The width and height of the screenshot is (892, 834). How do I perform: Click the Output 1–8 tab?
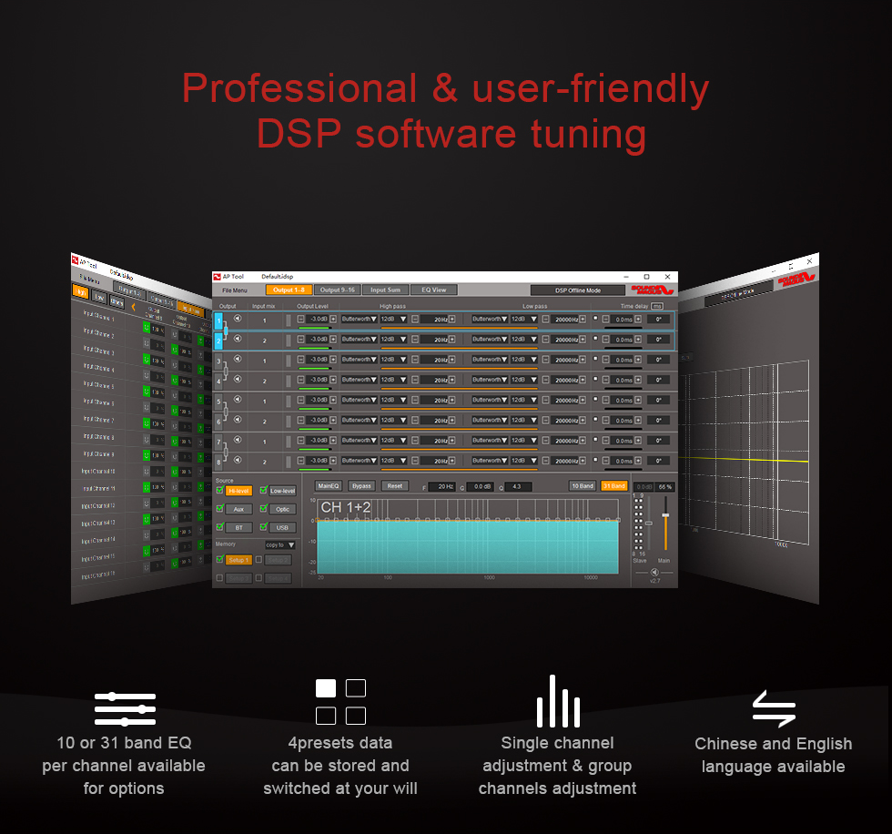[289, 290]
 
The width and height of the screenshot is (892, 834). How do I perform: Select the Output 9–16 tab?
[337, 290]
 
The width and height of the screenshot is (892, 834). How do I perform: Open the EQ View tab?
[433, 290]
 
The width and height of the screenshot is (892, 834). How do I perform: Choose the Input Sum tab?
[385, 290]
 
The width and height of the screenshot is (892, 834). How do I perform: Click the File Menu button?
[235, 290]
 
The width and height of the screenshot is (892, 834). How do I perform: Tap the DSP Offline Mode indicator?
[577, 290]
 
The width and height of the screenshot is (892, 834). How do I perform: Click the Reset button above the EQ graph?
[394, 486]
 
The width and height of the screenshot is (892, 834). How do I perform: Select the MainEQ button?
[329, 486]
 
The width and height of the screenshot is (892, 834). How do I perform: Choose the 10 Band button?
[583, 486]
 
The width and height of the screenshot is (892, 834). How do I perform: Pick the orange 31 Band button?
[613, 486]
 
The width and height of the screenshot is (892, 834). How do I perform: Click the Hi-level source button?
[238, 491]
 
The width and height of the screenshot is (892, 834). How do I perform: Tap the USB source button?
[282, 527]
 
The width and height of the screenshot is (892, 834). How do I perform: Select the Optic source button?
[282, 509]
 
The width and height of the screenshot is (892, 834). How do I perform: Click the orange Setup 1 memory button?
[238, 560]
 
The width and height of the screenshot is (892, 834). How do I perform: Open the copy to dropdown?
[279, 544]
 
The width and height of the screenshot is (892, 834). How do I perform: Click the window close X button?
[667, 276]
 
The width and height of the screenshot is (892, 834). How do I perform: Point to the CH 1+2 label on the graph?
[345, 506]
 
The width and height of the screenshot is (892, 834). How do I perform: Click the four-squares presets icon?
[340, 701]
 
